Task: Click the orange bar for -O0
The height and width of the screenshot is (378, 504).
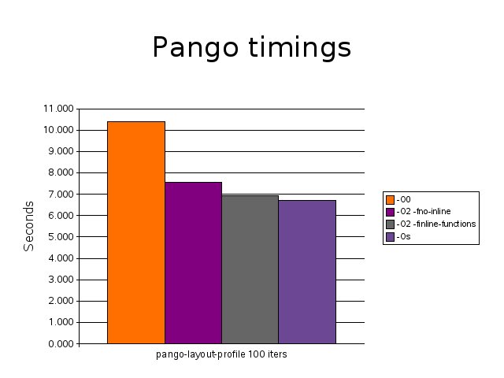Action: tap(136, 232)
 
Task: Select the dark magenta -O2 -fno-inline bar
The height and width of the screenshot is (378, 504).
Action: tap(193, 263)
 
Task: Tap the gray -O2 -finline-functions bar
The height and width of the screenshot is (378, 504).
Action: tap(250, 269)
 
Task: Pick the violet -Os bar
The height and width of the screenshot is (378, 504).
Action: tap(307, 272)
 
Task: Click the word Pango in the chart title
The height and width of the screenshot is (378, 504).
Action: tap(195, 47)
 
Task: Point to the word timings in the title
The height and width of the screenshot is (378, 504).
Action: tap(299, 47)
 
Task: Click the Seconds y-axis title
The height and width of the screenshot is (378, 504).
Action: tap(28, 226)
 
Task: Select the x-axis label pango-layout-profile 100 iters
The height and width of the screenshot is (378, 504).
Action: tap(221, 354)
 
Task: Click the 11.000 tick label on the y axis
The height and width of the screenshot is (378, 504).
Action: tap(58, 109)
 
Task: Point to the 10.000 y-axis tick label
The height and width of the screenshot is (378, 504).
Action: tap(58, 130)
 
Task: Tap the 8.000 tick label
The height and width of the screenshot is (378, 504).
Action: tap(61, 172)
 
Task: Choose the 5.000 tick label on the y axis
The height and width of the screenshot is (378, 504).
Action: tap(61, 236)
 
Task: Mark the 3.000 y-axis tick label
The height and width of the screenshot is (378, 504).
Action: tap(61, 280)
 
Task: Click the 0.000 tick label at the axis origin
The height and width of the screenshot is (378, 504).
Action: tap(61, 344)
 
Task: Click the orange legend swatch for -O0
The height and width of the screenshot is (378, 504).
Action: tap(391, 199)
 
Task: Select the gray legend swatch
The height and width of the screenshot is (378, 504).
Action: tap(391, 224)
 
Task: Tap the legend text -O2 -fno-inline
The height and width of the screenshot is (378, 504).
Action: tap(424, 212)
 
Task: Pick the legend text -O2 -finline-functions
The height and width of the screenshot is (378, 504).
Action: tap(436, 224)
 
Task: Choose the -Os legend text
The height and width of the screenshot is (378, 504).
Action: tap(404, 236)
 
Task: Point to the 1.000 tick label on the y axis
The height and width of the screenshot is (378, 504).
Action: tap(61, 322)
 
